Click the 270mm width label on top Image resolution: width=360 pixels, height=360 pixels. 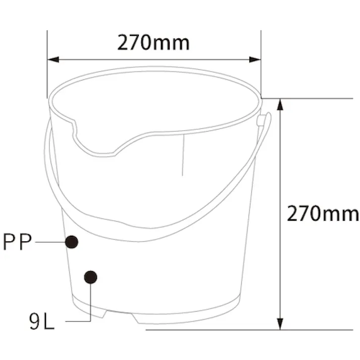[153, 43]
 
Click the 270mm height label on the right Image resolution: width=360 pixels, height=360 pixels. [323, 214]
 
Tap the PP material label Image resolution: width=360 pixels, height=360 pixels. [17, 242]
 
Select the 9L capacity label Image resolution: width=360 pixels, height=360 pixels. [41, 322]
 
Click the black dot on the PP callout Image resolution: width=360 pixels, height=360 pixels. [72, 242]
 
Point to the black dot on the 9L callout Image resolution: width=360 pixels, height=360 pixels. [90, 277]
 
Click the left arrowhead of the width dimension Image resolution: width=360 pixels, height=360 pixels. [53, 60]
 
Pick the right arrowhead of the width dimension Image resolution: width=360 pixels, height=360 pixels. [256, 60]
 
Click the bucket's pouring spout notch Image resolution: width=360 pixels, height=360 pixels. [96, 146]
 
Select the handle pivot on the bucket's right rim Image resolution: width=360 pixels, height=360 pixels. [261, 120]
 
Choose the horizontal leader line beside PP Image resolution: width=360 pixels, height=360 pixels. [50, 242]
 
